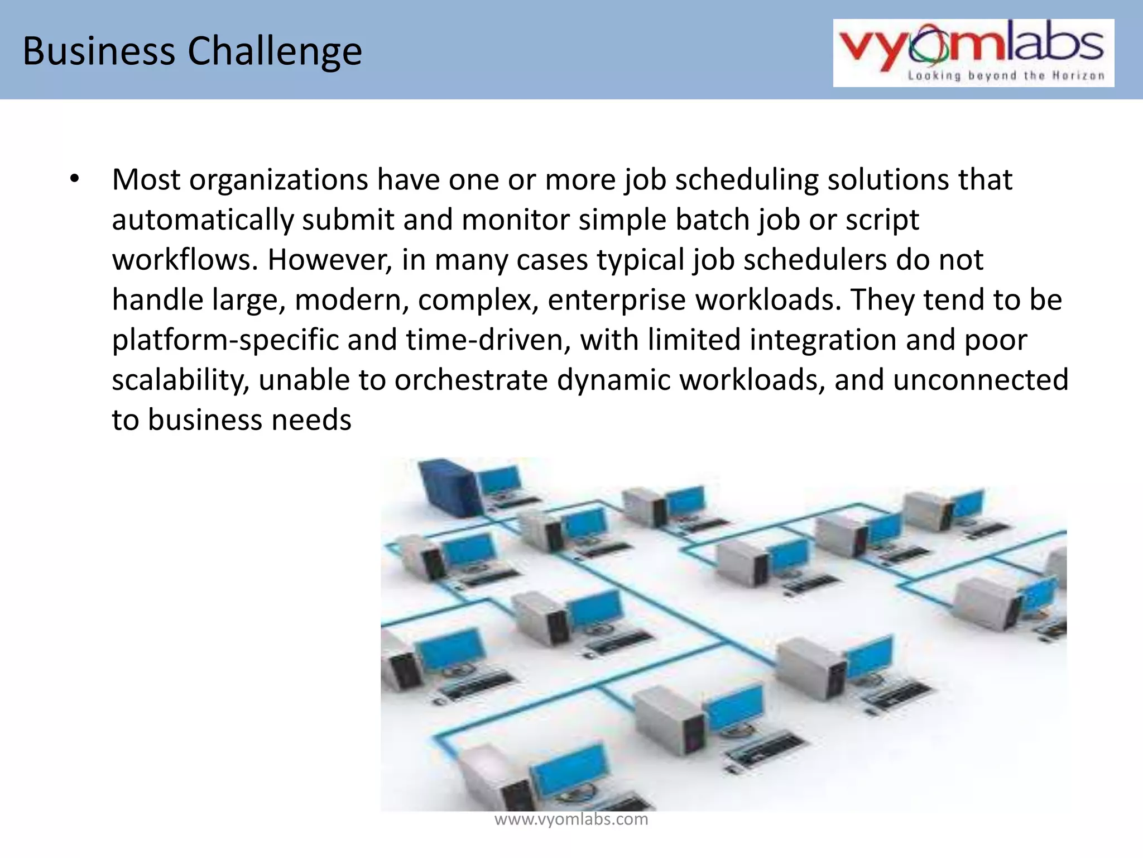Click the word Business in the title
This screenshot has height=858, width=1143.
coord(99,51)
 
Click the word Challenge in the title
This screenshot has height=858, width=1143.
coord(275,52)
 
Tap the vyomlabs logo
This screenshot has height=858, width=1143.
coord(973,47)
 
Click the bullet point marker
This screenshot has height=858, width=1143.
coord(75,180)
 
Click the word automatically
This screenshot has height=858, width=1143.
coord(202,220)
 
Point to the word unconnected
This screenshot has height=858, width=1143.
coord(980,380)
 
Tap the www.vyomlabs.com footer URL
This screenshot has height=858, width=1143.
coord(571,819)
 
